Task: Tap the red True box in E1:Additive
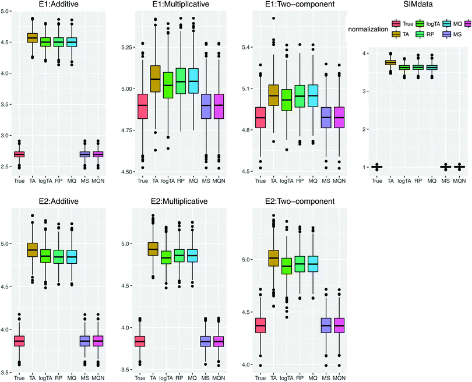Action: [x=19, y=154]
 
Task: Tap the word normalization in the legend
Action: [x=369, y=29]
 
